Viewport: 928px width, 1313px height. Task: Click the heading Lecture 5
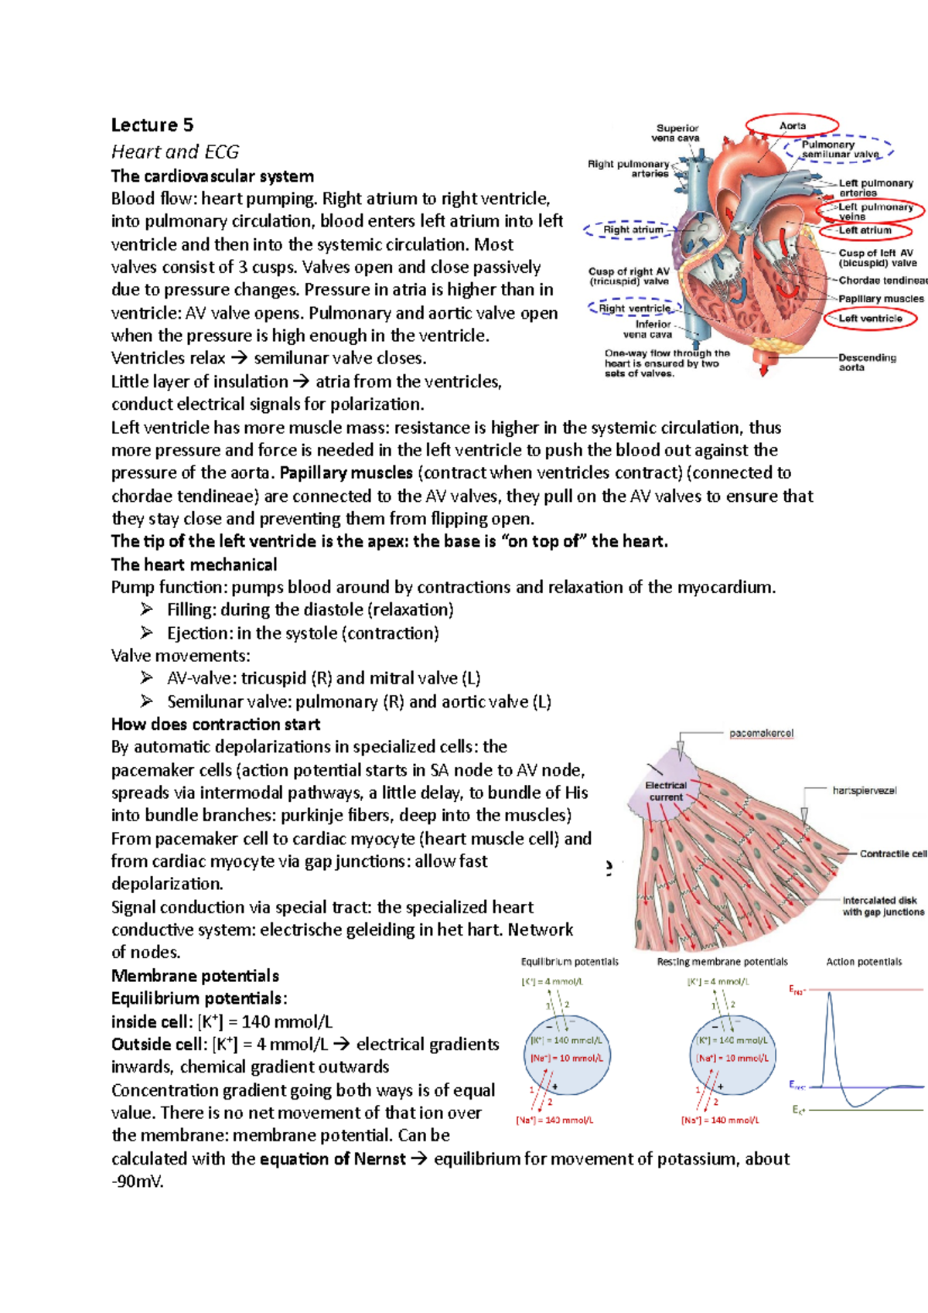[x=152, y=125]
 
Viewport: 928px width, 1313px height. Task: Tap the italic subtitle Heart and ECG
[x=175, y=152]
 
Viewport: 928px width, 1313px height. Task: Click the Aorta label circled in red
[x=792, y=125]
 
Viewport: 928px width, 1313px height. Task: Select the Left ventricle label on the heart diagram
[x=870, y=318]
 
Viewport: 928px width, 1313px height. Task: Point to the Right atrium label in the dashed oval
[x=633, y=230]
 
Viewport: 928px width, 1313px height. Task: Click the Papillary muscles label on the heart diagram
[x=881, y=298]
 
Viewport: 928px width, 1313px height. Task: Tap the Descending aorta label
[x=867, y=362]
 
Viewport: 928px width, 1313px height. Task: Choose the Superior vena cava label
[x=677, y=133]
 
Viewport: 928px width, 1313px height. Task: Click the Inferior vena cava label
[x=652, y=329]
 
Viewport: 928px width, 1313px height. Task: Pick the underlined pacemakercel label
[x=761, y=733]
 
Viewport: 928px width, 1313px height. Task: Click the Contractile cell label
[x=892, y=854]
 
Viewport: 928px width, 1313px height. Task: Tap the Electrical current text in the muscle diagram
[x=666, y=791]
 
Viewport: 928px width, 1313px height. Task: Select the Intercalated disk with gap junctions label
[x=882, y=906]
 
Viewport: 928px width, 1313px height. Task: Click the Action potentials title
[x=864, y=962]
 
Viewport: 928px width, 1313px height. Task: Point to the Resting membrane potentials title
[x=722, y=962]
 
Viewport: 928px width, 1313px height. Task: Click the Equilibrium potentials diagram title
[x=569, y=962]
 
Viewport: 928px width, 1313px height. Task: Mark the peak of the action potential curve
[x=829, y=994]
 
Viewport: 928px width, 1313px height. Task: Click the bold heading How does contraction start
[x=216, y=725]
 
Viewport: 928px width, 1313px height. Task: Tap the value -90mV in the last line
[x=137, y=1182]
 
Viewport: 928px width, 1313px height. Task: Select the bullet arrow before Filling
[x=147, y=609]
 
